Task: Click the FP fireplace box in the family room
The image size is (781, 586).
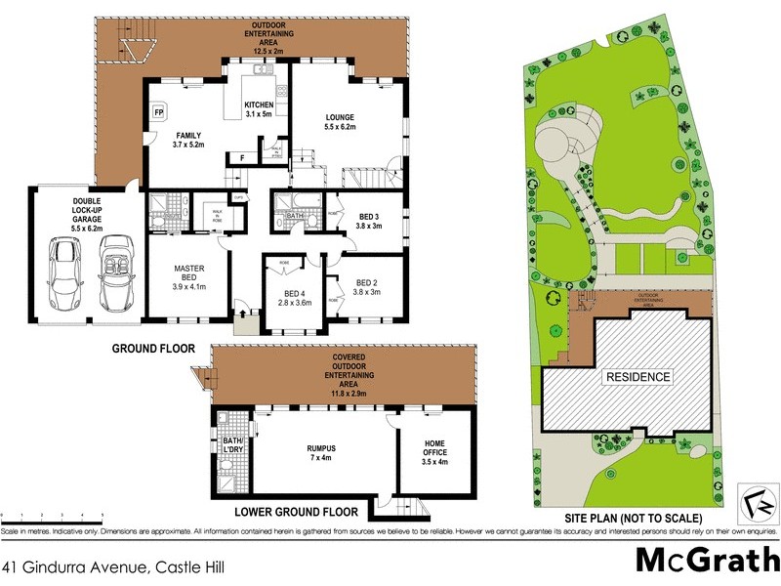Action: coord(158,112)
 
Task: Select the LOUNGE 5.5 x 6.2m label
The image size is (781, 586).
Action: coord(340,122)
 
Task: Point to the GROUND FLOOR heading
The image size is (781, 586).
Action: coord(153,348)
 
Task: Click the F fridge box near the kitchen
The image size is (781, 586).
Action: coord(241,156)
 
